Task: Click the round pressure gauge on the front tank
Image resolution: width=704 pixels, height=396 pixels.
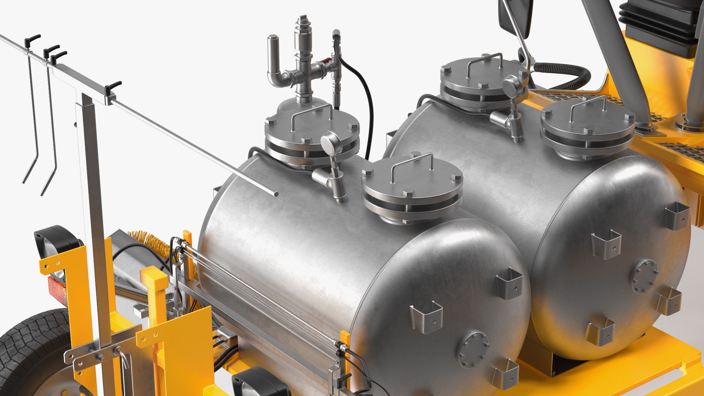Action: click(331, 141)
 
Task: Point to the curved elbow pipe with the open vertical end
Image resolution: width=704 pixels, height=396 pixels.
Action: click(274, 62)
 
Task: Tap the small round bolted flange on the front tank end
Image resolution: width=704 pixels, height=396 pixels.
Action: click(473, 349)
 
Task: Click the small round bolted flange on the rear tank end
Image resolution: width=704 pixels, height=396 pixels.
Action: click(644, 276)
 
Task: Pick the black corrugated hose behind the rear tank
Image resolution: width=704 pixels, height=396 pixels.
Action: click(565, 73)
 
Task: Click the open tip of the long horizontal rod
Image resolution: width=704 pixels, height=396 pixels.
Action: click(276, 194)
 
